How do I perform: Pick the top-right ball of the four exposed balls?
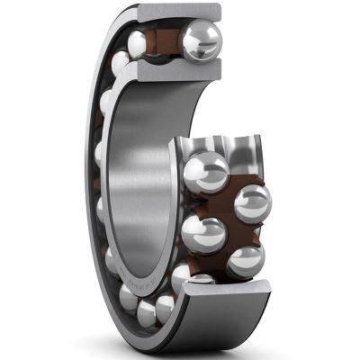click(252, 202)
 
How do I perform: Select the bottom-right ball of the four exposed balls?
click(245, 260)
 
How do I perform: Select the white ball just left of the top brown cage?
click(138, 44)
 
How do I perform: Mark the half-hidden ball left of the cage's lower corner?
click(181, 274)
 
